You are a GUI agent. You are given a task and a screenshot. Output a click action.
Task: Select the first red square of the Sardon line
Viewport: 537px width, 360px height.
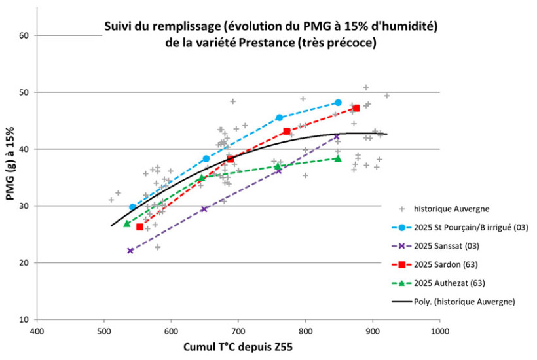(139, 226)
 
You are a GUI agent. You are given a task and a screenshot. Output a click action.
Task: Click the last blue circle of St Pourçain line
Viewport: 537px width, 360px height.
(338, 103)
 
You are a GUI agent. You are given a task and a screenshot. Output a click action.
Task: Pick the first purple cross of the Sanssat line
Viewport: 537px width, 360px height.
(130, 251)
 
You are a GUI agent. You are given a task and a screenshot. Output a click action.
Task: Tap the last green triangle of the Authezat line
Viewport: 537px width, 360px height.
(338, 158)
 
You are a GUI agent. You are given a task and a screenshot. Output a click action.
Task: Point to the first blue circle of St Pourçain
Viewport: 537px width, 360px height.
(132, 207)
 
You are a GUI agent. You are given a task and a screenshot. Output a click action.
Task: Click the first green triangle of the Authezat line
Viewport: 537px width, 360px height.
(126, 223)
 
